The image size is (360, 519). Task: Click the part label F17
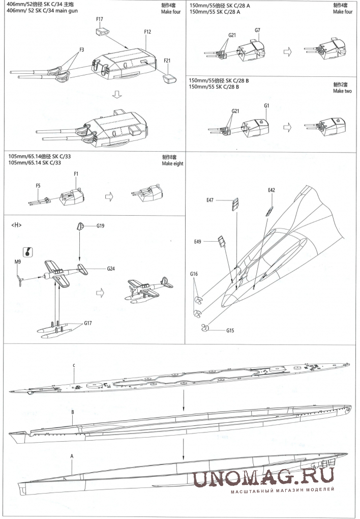coord(100,19)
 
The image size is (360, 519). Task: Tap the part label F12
coord(147,32)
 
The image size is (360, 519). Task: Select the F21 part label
coord(167,60)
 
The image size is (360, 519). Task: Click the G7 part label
coord(257,30)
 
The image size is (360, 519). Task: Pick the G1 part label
coord(266,105)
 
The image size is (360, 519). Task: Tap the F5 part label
coord(38,186)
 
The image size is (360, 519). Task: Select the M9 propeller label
coord(17,262)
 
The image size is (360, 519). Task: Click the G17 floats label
coord(88,323)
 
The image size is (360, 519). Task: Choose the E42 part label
coord(272,190)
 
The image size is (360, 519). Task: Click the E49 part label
coord(198,241)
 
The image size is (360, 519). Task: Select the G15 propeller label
coord(230,330)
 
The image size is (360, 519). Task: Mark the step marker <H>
coord(16,225)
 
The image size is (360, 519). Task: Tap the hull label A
coord(72,456)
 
